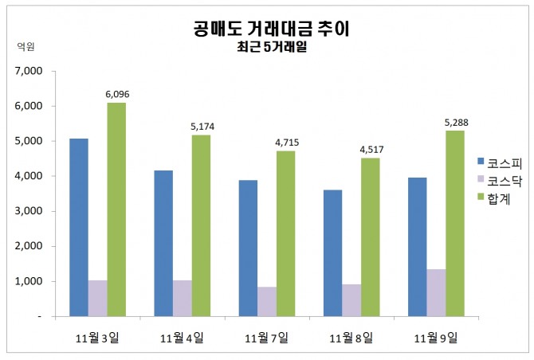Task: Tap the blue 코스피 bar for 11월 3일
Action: (x=78, y=227)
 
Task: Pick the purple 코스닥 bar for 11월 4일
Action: (x=183, y=298)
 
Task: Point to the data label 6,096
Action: (x=117, y=94)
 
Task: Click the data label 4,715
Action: (x=286, y=143)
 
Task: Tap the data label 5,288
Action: (x=455, y=122)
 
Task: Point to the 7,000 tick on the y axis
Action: (x=28, y=71)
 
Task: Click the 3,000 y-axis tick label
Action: (x=28, y=211)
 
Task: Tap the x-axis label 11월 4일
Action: (x=182, y=338)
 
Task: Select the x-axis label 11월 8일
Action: (x=351, y=338)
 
